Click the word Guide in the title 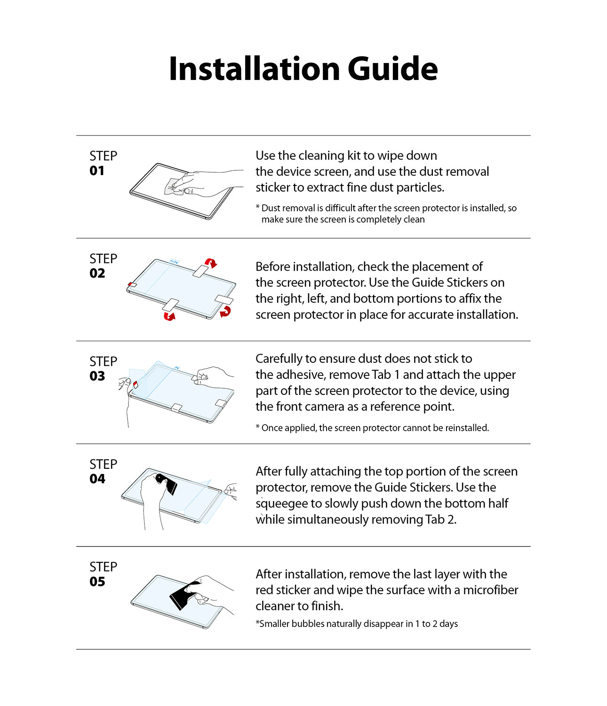coord(392,69)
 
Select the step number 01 coord(97,171)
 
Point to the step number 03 coord(97,377)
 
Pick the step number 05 coord(97,582)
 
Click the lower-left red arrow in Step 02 coord(169,316)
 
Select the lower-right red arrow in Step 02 coord(226,311)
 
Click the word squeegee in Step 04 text coord(282,504)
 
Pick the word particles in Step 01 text coord(420,187)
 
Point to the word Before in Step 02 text coord(272,267)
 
